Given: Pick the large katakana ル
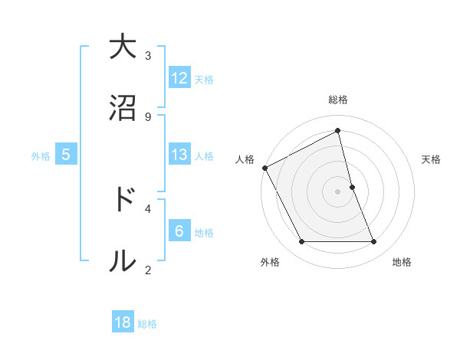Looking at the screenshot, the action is [122, 260].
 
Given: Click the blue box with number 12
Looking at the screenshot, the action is [179, 78].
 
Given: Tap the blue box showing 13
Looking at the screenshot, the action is [179, 155].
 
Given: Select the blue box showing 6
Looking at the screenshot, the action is [179, 231].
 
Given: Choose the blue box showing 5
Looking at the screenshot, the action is [66, 155].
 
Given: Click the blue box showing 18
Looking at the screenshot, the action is [123, 322].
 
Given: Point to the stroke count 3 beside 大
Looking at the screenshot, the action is [148, 55].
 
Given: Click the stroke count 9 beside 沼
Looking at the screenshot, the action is [148, 116].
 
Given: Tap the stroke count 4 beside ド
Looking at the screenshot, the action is [148, 208].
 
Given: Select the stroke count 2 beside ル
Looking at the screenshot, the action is [148, 269].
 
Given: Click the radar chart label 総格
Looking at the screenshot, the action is [338, 100].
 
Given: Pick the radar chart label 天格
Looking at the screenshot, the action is [432, 159].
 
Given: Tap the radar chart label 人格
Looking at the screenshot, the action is [245, 159].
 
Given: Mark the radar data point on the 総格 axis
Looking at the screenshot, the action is [338, 131].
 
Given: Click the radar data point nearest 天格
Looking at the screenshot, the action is [352, 187].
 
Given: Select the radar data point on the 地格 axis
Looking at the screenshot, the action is [374, 242].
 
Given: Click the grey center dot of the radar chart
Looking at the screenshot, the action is [338, 191].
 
